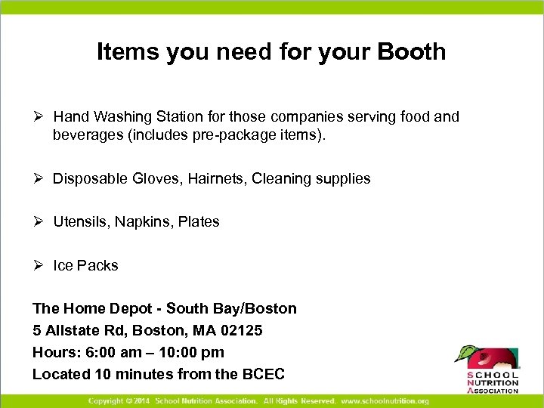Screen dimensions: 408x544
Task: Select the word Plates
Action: tap(199, 222)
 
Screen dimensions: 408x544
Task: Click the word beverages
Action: tap(86, 136)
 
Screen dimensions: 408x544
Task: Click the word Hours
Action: tap(53, 352)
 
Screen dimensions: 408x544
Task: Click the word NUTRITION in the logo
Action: tap(493, 383)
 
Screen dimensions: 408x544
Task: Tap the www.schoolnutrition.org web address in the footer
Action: tap(385, 400)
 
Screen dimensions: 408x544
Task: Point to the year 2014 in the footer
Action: tap(141, 400)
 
